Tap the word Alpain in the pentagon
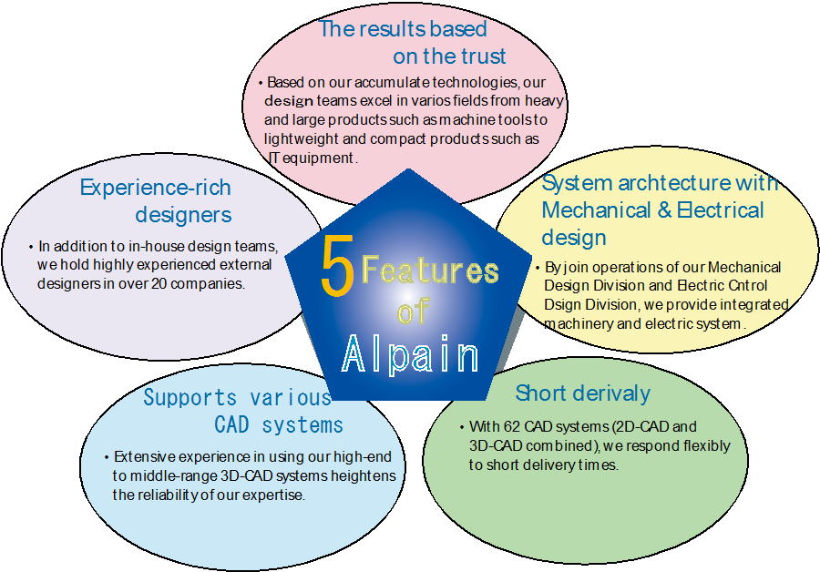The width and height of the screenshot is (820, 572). click(410, 354)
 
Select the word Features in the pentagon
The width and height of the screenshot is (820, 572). click(430, 271)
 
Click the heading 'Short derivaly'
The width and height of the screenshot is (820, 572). click(582, 393)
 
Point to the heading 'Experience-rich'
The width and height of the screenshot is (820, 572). click(156, 188)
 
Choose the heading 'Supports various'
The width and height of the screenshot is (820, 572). click(237, 398)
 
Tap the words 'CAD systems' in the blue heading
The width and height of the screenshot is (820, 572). click(279, 425)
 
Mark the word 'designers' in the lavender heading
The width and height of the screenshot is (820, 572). click(183, 215)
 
